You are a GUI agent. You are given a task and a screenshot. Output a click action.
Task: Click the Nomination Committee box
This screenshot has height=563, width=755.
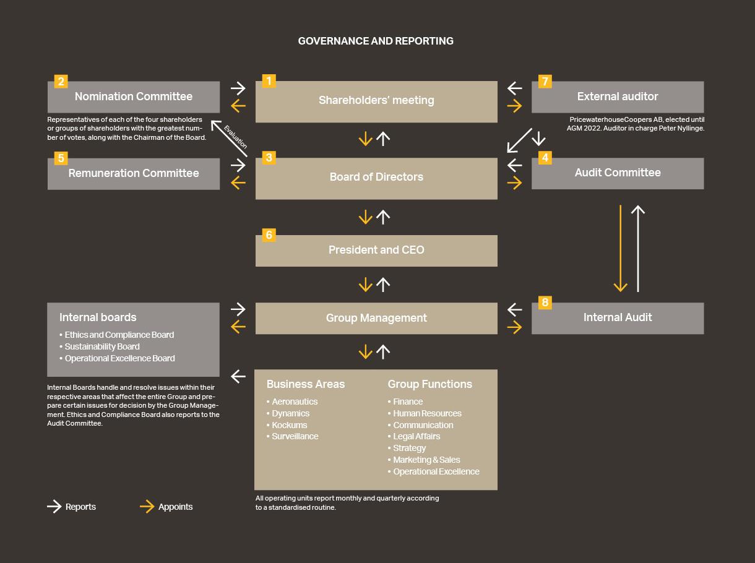tap(133, 97)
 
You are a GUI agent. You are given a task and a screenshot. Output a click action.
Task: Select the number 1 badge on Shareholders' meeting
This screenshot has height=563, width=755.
tap(269, 81)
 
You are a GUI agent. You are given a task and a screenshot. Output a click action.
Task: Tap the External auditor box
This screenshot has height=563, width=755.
tap(617, 97)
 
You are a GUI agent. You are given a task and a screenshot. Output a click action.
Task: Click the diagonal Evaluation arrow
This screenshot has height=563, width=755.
tap(229, 138)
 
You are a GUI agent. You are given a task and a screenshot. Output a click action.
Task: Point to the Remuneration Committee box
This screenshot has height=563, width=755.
tap(133, 174)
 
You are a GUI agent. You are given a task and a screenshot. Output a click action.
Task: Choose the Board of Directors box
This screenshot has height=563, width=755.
tap(376, 178)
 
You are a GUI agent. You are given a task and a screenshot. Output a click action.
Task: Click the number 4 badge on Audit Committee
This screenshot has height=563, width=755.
tap(545, 158)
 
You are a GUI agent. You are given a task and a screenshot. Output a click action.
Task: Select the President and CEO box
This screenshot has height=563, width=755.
tap(376, 251)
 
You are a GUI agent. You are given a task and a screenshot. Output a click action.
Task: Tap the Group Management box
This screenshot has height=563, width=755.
tap(376, 318)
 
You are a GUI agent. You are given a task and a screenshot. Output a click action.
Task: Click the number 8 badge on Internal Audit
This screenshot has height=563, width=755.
tap(545, 303)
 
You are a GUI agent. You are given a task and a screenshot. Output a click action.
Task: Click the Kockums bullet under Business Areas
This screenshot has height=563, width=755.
tap(289, 425)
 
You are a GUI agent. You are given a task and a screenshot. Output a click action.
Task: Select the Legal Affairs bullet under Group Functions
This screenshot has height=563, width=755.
tap(416, 436)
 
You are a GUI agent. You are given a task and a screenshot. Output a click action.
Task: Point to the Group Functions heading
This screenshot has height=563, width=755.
tap(429, 384)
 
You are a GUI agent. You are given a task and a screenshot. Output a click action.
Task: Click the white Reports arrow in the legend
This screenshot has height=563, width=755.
tap(54, 507)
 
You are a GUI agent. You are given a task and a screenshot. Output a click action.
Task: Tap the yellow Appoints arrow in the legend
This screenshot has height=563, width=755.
tap(147, 507)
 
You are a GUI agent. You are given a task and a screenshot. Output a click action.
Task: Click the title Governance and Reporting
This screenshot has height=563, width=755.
tap(376, 41)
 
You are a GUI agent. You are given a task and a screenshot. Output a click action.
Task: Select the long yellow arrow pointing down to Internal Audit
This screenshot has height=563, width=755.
tap(620, 247)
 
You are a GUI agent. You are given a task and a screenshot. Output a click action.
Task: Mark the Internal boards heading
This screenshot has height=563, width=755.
tap(98, 317)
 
